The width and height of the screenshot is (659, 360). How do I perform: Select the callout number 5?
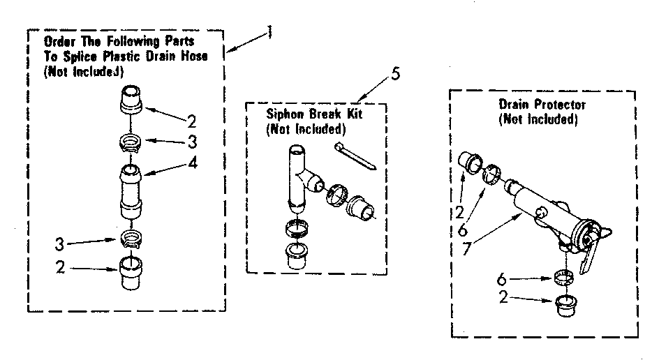pyautogui.click(x=396, y=74)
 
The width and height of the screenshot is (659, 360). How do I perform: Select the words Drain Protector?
pyautogui.click(x=542, y=105)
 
